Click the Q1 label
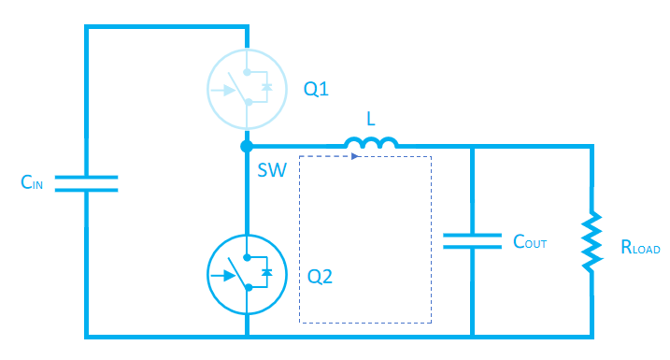317,90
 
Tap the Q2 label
320,277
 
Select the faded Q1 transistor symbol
245,88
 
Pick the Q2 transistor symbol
245,273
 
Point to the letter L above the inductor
371,120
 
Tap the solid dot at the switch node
246,147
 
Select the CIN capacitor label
34,183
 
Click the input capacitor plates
86,182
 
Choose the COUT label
529,242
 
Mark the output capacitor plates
472,240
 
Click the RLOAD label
640,249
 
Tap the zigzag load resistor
592,241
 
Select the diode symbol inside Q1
267,87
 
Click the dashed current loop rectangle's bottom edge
365,323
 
